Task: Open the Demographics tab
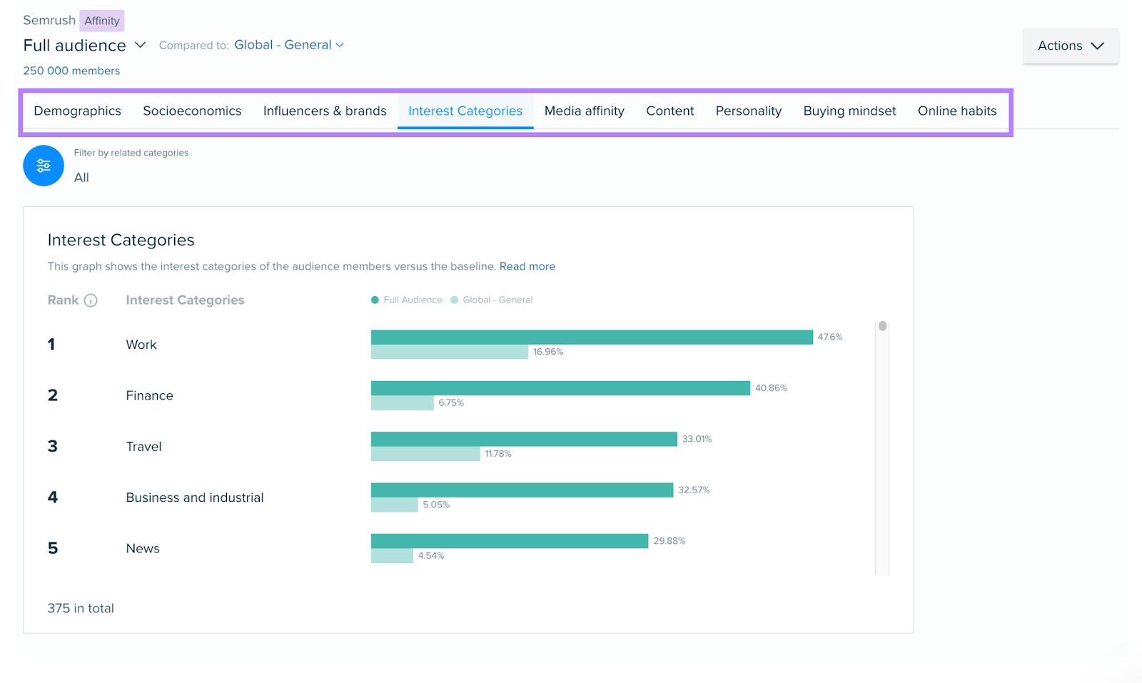pos(77,111)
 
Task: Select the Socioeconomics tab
pos(192,111)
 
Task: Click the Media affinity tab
pos(584,111)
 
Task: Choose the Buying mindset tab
pos(849,111)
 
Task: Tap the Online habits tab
pos(956,111)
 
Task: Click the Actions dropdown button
pos(1070,46)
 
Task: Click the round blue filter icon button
pos(44,166)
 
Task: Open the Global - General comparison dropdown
pos(289,45)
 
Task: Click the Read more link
pos(527,266)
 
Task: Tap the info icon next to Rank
pos(91,300)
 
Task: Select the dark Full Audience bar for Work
pos(591,337)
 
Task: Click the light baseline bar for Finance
pos(402,403)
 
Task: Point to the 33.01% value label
pos(697,439)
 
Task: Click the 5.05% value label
pos(436,505)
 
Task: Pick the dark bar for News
pos(509,541)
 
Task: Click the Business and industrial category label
pos(194,497)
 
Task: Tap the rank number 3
pos(53,447)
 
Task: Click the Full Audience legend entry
pos(407,300)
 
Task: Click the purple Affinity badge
pos(101,21)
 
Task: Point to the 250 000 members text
pos(71,71)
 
